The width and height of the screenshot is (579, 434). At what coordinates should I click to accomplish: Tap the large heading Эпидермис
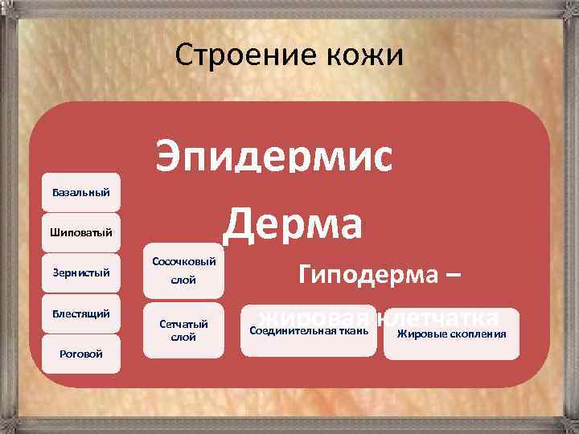click(275, 154)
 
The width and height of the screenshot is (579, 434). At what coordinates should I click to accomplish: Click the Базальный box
click(81, 193)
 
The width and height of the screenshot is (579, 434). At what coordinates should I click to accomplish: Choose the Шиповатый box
click(81, 233)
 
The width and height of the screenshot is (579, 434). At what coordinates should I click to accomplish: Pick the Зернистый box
click(81, 273)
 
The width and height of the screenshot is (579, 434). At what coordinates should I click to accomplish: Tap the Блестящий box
click(81, 313)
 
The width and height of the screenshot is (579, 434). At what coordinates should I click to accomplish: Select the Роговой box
click(81, 354)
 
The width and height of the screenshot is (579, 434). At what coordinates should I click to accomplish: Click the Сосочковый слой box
click(183, 271)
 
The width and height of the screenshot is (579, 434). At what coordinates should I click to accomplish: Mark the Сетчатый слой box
click(183, 330)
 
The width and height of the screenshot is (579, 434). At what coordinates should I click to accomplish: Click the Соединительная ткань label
click(309, 330)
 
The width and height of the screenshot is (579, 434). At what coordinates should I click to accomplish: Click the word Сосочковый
click(183, 262)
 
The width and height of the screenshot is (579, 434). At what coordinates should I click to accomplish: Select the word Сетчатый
click(183, 324)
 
